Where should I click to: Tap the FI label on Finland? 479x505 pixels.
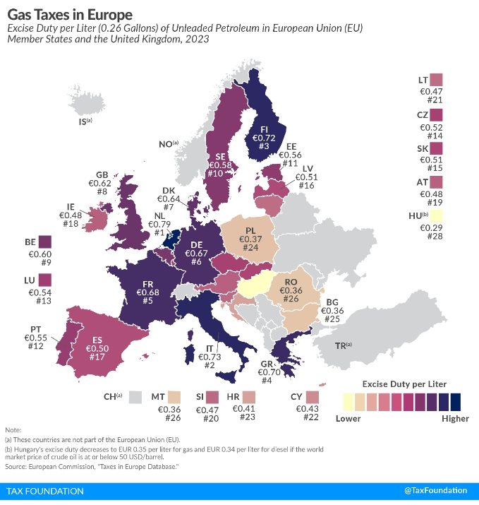(x=264, y=129)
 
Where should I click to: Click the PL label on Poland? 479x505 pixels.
(x=250, y=230)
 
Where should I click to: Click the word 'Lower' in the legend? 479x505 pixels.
(x=348, y=419)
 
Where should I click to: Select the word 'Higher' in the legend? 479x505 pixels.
(x=454, y=419)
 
